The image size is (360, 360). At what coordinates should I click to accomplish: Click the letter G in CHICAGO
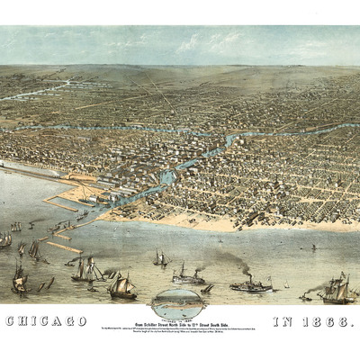pyautogui.click(x=67, y=320)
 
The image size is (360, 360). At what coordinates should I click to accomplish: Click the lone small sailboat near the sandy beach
pyautogui.click(x=313, y=246)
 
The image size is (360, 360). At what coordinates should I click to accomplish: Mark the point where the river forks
pyautogui.click(x=229, y=139)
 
